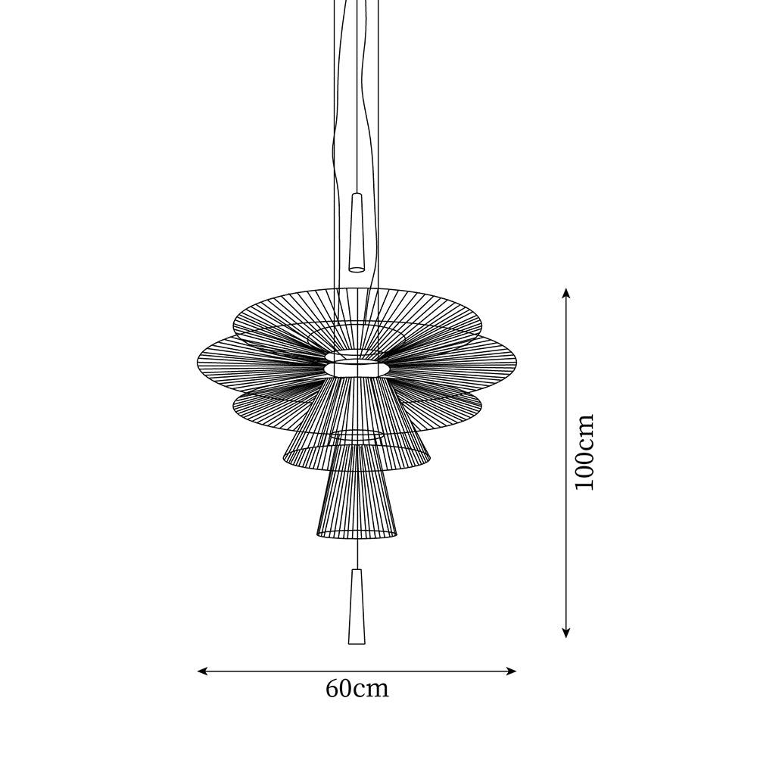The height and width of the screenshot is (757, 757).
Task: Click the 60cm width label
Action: pyautogui.click(x=357, y=689)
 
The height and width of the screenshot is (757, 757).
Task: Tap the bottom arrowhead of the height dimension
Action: pyautogui.click(x=566, y=632)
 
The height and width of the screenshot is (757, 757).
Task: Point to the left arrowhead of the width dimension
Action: pyautogui.click(x=203, y=671)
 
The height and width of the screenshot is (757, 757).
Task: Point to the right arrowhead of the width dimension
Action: pyautogui.click(x=511, y=671)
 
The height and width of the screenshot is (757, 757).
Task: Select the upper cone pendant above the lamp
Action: pyautogui.click(x=357, y=232)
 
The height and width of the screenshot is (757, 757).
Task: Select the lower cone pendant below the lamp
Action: pyautogui.click(x=357, y=606)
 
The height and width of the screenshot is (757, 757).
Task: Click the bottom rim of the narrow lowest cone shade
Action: pyautogui.click(x=357, y=534)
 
